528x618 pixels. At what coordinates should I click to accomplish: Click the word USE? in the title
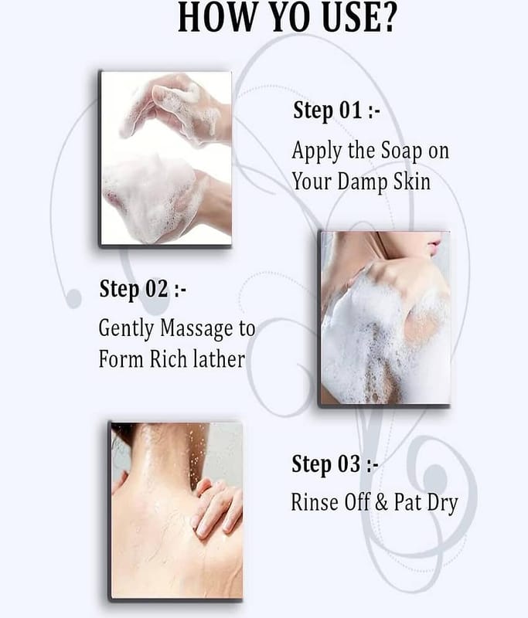pos(359,17)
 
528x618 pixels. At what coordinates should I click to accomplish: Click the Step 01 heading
pos(336,110)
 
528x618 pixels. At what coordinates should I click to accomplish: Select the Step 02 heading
pos(142,289)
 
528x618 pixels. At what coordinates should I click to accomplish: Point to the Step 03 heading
pos(335,464)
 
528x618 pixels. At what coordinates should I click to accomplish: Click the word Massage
pos(196,329)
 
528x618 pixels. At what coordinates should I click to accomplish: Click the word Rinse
pos(315,502)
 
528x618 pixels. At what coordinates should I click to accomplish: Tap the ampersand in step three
pos(381,503)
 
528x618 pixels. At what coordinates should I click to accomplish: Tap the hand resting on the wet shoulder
pos(218,507)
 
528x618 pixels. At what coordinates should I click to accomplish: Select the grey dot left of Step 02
pos(73,298)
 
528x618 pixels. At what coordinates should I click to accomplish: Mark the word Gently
pos(126,330)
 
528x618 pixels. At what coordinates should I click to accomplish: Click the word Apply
pos(317,151)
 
